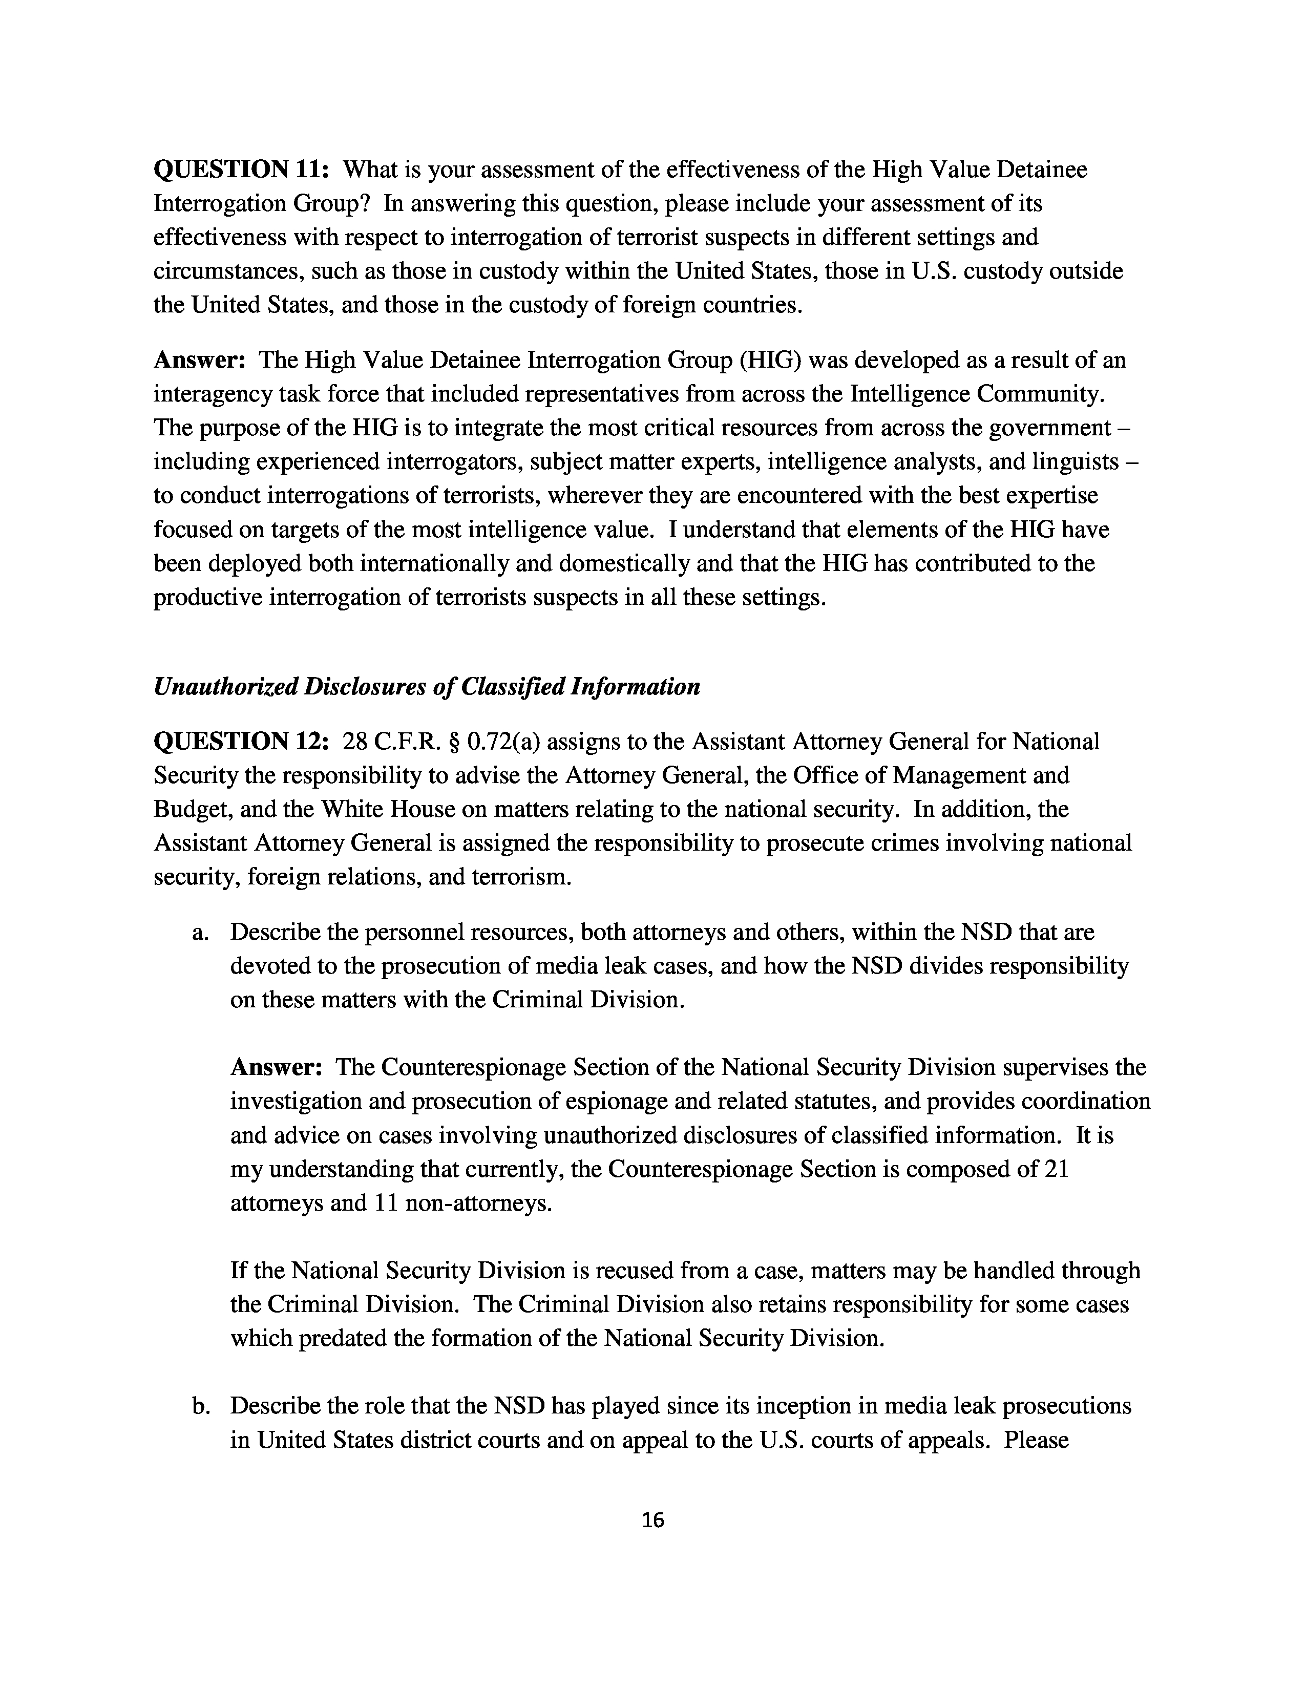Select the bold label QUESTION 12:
[x=242, y=742]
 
